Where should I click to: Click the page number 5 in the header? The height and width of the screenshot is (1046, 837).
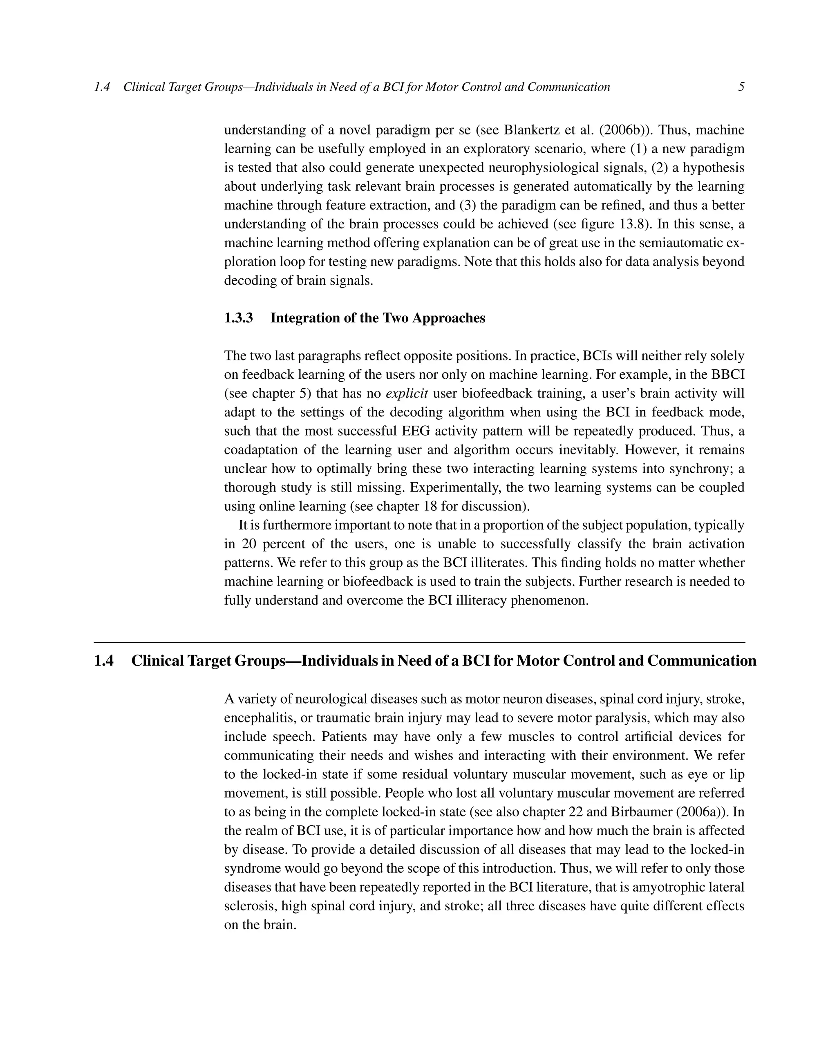click(741, 87)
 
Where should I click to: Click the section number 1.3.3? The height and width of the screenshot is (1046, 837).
click(238, 318)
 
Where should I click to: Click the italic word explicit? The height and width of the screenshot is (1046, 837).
click(406, 393)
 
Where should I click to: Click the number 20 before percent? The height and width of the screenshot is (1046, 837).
click(249, 544)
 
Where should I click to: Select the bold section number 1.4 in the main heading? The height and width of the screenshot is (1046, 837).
click(103, 661)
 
